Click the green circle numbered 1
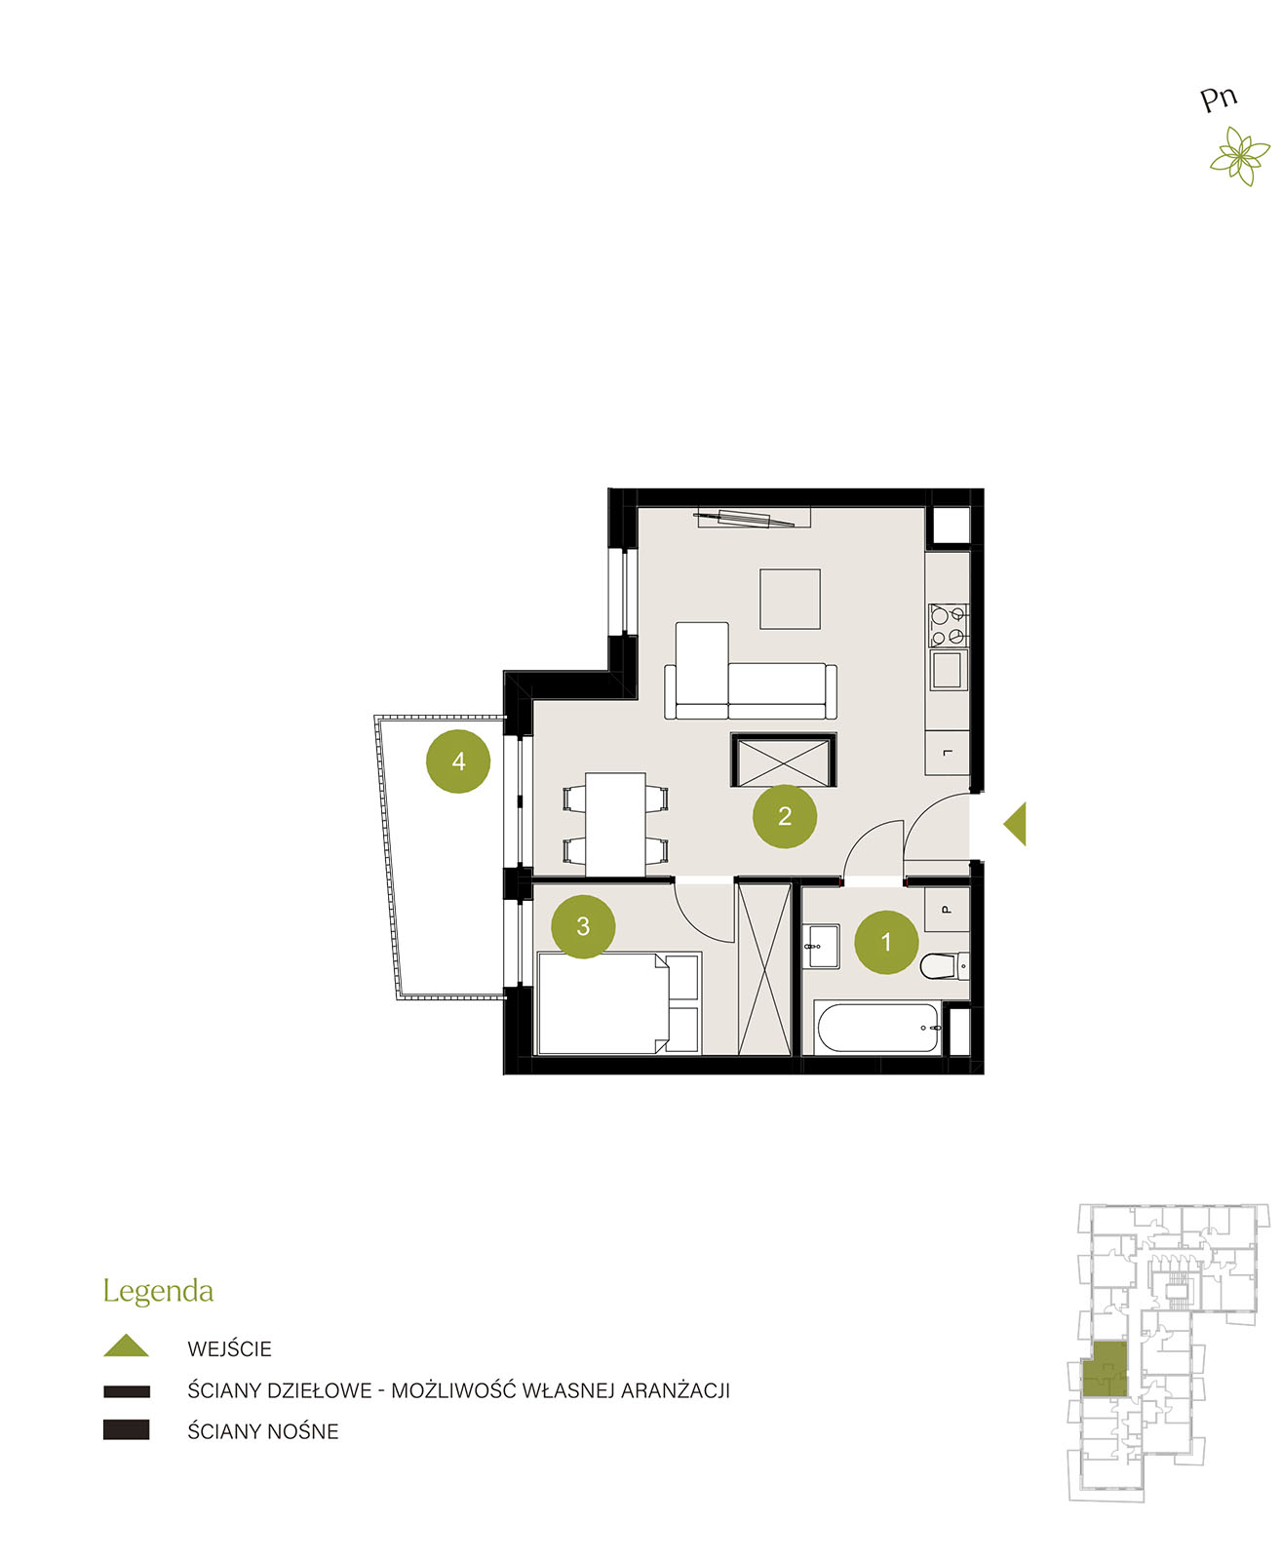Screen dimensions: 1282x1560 click(x=885, y=942)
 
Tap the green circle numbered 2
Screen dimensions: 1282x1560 click(x=784, y=816)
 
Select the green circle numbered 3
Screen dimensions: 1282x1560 click(x=583, y=926)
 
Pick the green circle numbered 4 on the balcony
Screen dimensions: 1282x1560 click(x=458, y=761)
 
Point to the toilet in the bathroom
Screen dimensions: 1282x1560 click(x=944, y=965)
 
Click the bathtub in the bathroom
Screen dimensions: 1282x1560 click(x=877, y=1028)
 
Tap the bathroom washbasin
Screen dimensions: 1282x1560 click(x=821, y=946)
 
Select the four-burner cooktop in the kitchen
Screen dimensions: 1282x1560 click(x=948, y=625)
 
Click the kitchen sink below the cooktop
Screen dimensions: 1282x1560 click(x=948, y=670)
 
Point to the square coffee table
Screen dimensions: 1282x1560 click(x=790, y=599)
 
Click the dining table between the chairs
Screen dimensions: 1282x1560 click(x=615, y=824)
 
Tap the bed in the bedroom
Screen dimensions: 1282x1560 click(x=618, y=1003)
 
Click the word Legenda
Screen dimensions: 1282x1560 click(x=158, y=1292)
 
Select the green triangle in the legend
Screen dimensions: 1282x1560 click(x=127, y=1345)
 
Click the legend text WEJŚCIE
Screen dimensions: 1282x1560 click(x=229, y=1348)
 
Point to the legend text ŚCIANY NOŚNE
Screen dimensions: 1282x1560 click(x=262, y=1431)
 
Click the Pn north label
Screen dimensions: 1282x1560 click(x=1219, y=98)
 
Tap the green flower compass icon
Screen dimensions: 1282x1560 click(x=1240, y=156)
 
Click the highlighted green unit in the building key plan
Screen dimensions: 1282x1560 click(x=1105, y=1369)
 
